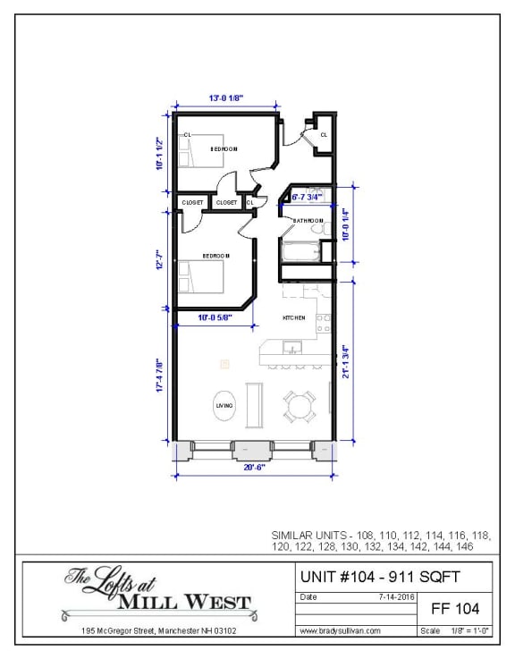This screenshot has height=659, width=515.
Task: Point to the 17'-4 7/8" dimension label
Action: pyautogui.click(x=160, y=376)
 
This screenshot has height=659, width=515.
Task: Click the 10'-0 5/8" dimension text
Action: pyautogui.click(x=215, y=317)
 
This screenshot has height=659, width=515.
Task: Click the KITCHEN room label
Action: pyautogui.click(x=294, y=318)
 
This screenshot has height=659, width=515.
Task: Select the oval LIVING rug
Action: pyautogui.click(x=224, y=407)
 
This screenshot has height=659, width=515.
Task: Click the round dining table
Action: pyautogui.click(x=299, y=407)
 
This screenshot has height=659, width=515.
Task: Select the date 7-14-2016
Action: pyautogui.click(x=394, y=596)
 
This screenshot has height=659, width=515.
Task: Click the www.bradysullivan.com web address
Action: pyautogui.click(x=341, y=630)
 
